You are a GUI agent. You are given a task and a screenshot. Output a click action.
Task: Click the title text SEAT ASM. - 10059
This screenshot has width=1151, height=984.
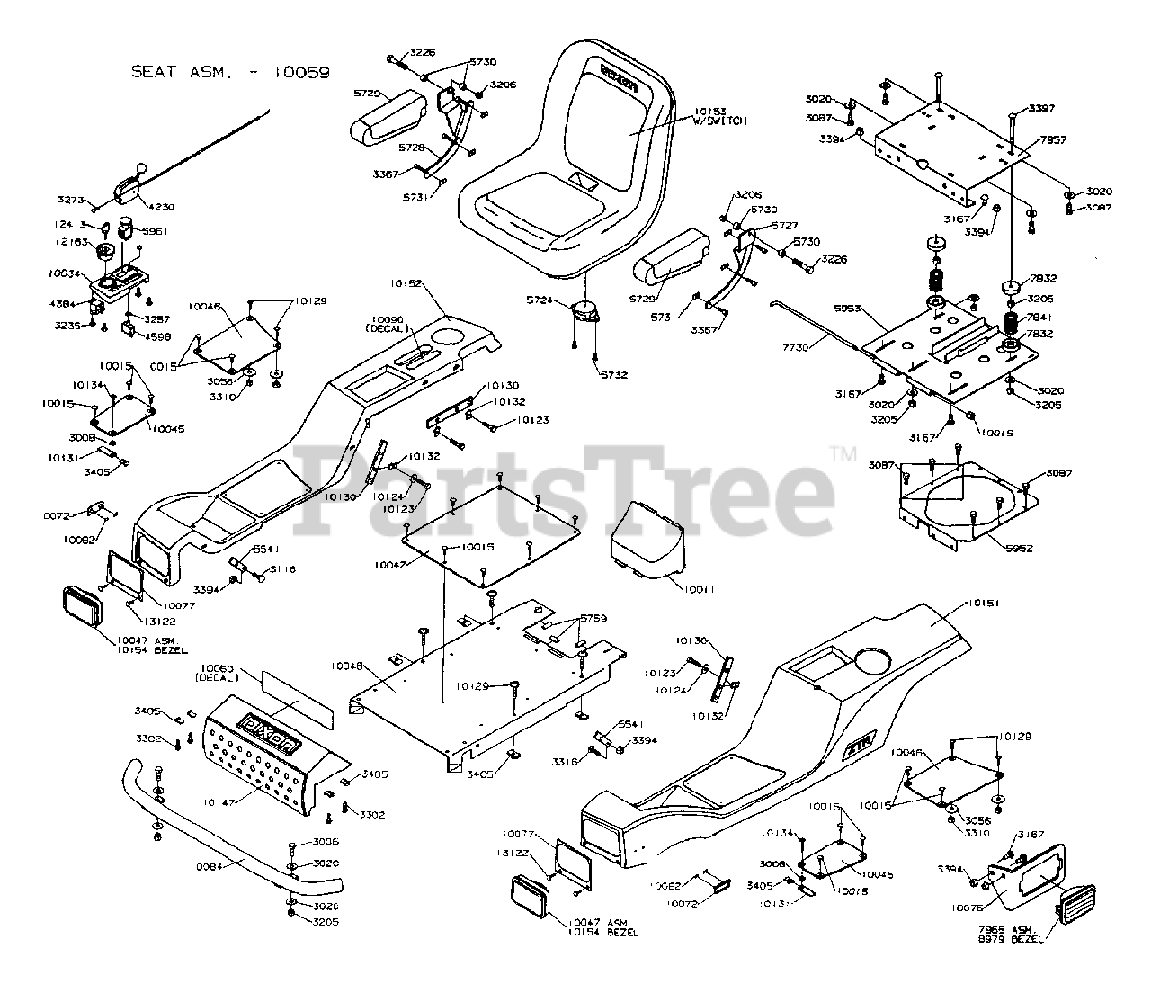[230, 72]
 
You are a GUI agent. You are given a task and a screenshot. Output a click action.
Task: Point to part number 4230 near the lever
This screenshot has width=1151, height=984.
[163, 207]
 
